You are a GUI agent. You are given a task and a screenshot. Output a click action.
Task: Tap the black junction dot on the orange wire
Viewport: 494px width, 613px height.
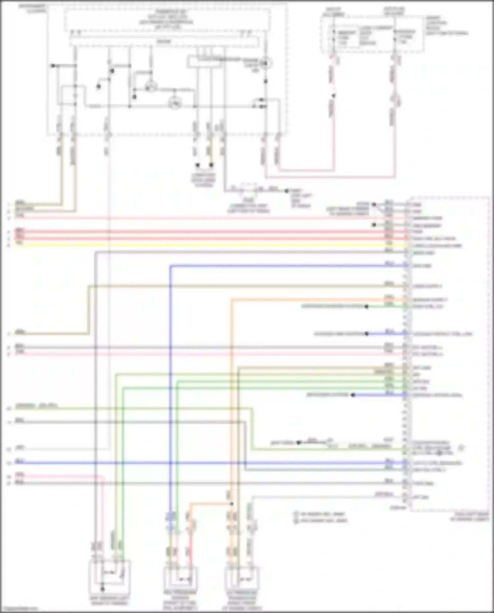(232, 504)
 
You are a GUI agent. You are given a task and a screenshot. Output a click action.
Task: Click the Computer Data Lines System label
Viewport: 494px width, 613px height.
(204, 180)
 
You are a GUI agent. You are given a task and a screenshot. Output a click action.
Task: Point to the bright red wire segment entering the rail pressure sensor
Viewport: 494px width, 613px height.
(190, 547)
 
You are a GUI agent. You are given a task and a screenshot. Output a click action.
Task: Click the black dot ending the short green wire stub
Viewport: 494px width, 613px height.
(366, 307)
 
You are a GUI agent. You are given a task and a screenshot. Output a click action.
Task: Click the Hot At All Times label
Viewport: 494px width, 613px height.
(333, 12)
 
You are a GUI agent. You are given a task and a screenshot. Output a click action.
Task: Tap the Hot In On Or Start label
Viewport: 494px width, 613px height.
(394, 11)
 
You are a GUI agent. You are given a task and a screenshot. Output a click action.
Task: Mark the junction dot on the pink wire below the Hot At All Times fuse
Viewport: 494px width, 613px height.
(333, 96)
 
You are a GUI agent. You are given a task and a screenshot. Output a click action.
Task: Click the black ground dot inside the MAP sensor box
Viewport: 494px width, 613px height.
(102, 589)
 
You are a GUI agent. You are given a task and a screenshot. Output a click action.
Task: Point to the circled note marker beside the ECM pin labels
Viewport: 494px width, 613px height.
(461, 448)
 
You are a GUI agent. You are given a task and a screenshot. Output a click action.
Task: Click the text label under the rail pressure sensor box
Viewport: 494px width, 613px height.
(180, 600)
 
